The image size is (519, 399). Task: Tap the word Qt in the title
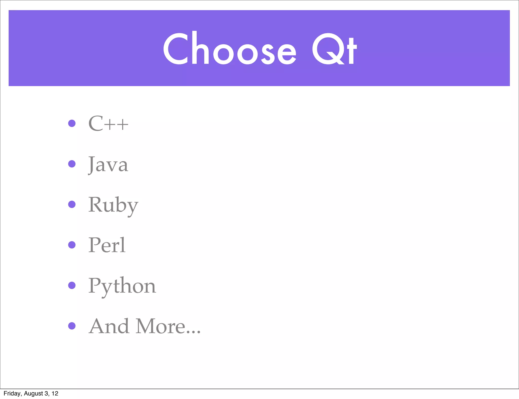point(334,49)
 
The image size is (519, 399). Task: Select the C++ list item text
point(108,124)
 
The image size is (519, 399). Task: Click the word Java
point(108,165)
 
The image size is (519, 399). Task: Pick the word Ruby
point(113,205)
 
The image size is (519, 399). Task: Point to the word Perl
point(107,245)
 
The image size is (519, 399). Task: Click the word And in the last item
point(108,326)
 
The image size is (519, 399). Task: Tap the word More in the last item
point(160,326)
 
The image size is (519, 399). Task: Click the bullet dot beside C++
point(72,123)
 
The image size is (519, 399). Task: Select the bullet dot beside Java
point(72,164)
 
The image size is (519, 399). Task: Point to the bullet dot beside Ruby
point(72,204)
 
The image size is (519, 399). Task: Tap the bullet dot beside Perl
point(72,245)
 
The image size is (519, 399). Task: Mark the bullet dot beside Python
point(72,285)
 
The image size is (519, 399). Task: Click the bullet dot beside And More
point(72,326)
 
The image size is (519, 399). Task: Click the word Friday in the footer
point(12,393)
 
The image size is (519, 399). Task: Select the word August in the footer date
point(33,393)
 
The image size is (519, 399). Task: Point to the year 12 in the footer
point(55,393)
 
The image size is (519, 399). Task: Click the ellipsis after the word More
point(193,332)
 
